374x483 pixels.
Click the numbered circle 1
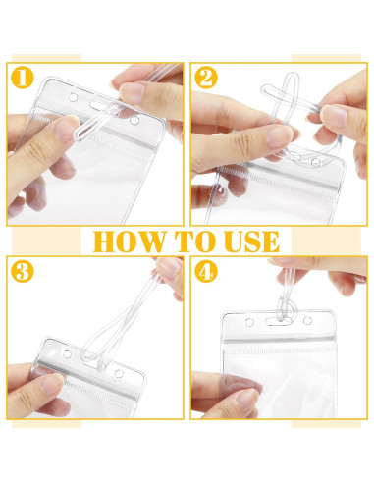coord(23,78)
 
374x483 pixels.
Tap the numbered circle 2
coord(206,78)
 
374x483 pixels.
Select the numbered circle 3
coord(23,271)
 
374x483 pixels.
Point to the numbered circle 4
coord(206,271)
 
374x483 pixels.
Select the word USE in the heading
coord(252,241)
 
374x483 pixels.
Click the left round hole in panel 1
coord(73,97)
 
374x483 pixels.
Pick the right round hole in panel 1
coord(134,120)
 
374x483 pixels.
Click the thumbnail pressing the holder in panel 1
coord(64,129)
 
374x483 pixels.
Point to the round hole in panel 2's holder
coord(316,162)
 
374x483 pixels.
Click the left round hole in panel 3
coord(68,353)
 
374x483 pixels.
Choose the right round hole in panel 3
coord(118,373)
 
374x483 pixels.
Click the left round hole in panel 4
coord(249,322)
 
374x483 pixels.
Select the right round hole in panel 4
coord(307,321)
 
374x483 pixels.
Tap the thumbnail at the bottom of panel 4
coord(247,399)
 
